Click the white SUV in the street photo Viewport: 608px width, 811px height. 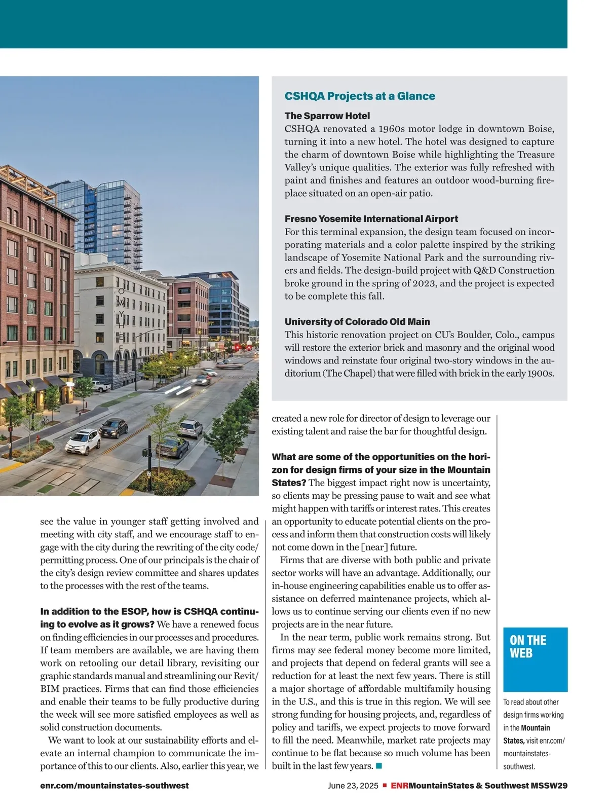coord(84,440)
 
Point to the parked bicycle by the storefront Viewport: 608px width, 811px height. coord(45,420)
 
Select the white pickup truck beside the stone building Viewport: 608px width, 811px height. coord(101,387)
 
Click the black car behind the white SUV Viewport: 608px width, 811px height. coord(113,427)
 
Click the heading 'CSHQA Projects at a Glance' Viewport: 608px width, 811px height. coord(360,96)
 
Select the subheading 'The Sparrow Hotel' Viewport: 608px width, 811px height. coord(327,116)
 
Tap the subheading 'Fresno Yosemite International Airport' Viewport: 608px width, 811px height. coord(371,219)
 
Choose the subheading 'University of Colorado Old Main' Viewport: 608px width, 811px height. coord(357,322)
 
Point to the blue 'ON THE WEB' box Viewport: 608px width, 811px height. coord(535,659)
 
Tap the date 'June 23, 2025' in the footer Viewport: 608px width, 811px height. coord(353,786)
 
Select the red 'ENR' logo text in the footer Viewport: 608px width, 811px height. coord(400,786)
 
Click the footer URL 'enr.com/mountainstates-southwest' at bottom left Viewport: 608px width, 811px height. coord(115,786)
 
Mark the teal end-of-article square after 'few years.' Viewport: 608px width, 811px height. coord(378,765)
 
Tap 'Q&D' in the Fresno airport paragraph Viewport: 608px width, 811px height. coord(484,271)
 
